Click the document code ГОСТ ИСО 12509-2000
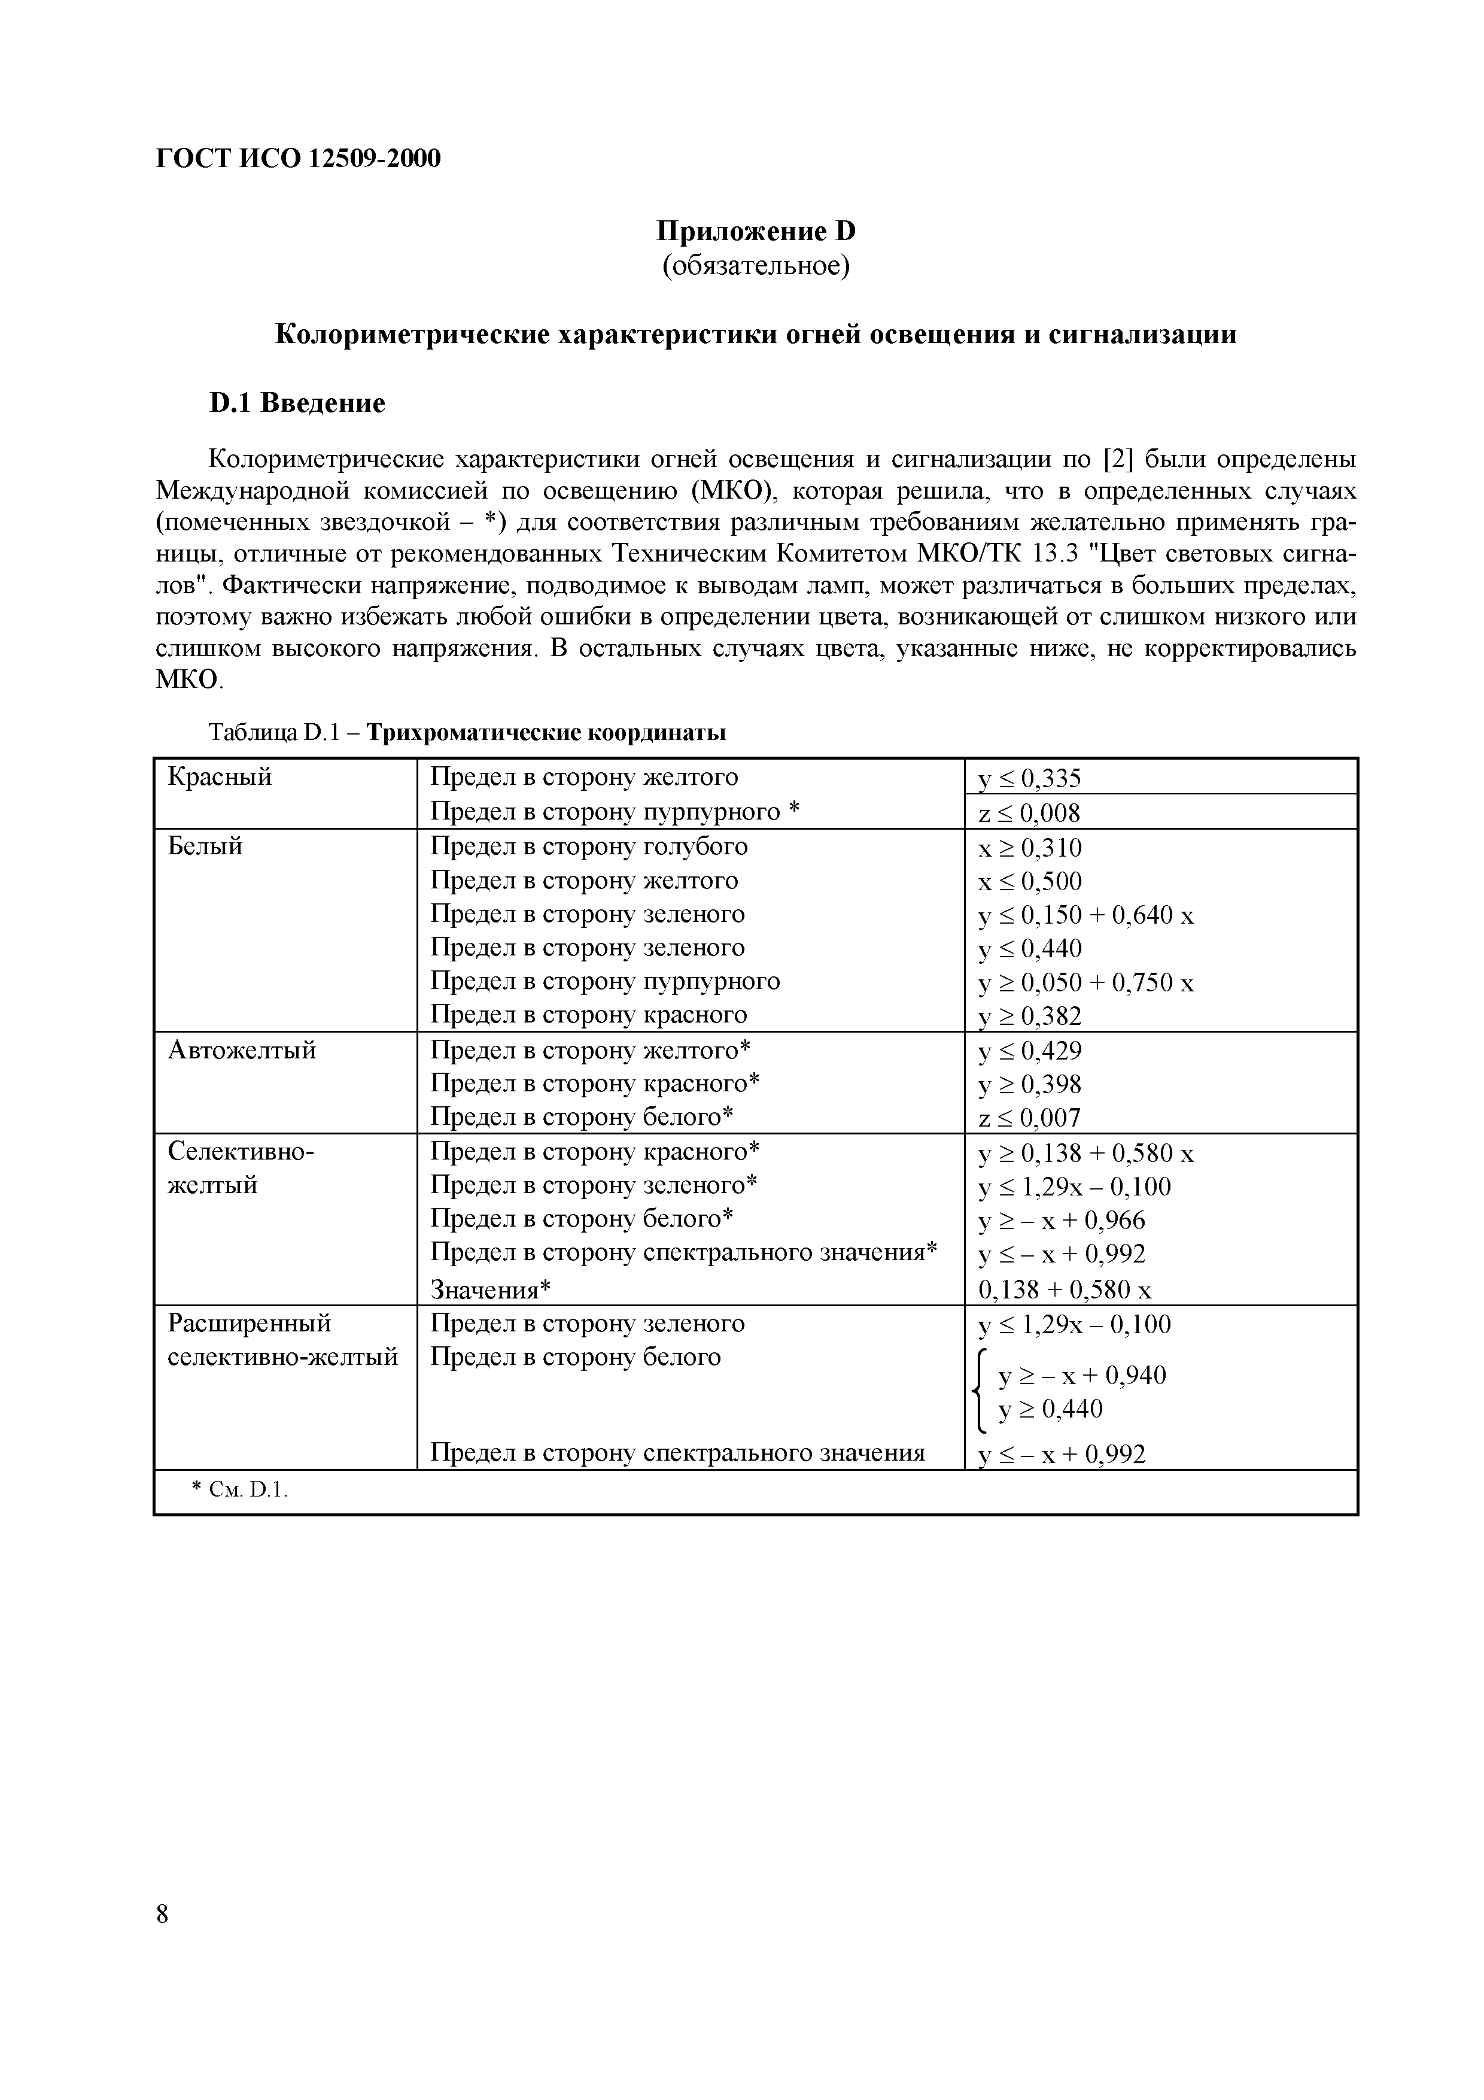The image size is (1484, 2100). [298, 159]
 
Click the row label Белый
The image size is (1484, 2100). [206, 846]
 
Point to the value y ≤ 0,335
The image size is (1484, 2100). [1030, 778]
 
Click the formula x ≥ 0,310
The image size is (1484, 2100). [1030, 848]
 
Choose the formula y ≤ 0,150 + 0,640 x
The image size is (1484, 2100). [1086, 915]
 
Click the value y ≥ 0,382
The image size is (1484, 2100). [1030, 1016]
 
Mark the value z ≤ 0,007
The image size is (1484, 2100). [1030, 1118]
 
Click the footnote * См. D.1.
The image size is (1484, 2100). [239, 1491]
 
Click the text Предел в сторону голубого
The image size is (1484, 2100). [589, 846]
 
